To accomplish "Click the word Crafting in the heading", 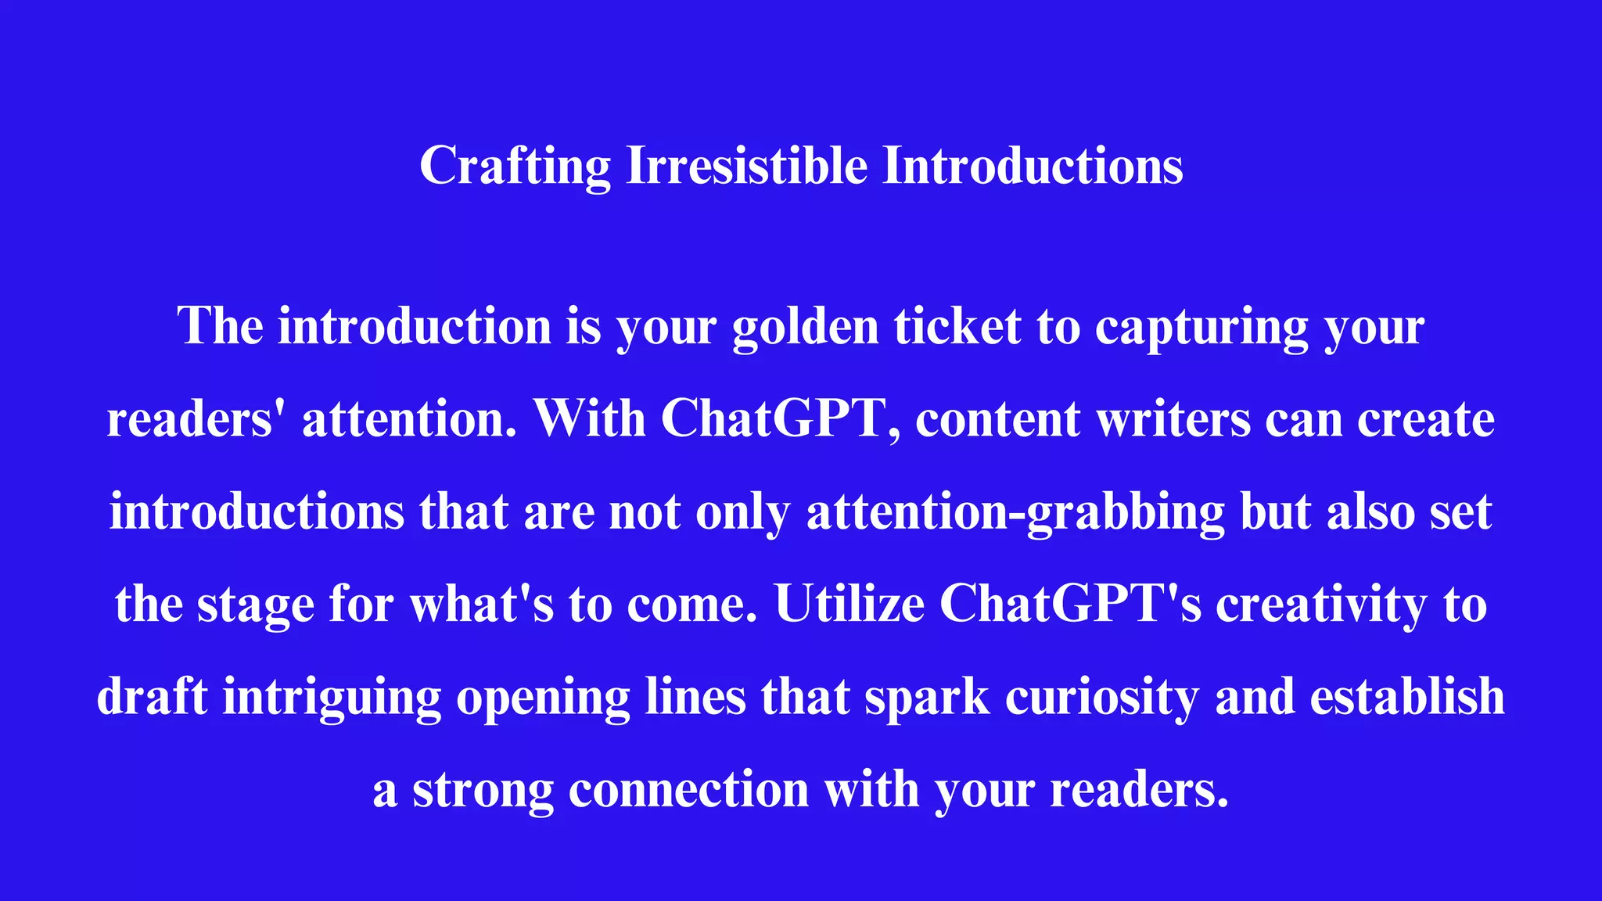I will pos(515,166).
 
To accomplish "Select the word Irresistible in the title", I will pos(747,166).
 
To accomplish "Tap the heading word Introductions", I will pos(1033,166).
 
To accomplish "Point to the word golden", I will pos(805,326).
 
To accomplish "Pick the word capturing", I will pos(1201,326).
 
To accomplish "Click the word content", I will pos(998,418).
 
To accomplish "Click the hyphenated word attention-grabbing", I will pos(1015,512).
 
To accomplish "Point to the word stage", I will pos(255,605).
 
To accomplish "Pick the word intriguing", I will pos(332,697).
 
